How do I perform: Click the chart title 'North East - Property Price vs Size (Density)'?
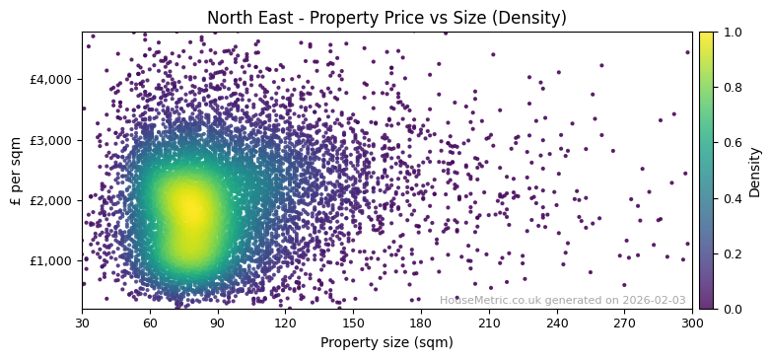click(386, 18)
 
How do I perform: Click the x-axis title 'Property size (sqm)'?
click(386, 343)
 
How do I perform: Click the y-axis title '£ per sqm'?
click(16, 170)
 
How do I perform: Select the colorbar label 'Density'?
click(755, 172)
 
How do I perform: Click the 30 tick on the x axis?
click(82, 323)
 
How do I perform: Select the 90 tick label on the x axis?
click(218, 323)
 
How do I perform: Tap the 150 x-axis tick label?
click(353, 323)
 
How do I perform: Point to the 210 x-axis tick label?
click(489, 323)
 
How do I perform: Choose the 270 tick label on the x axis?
click(625, 323)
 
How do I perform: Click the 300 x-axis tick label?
click(692, 323)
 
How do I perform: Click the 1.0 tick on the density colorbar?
click(730, 32)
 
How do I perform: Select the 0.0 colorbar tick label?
click(730, 309)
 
